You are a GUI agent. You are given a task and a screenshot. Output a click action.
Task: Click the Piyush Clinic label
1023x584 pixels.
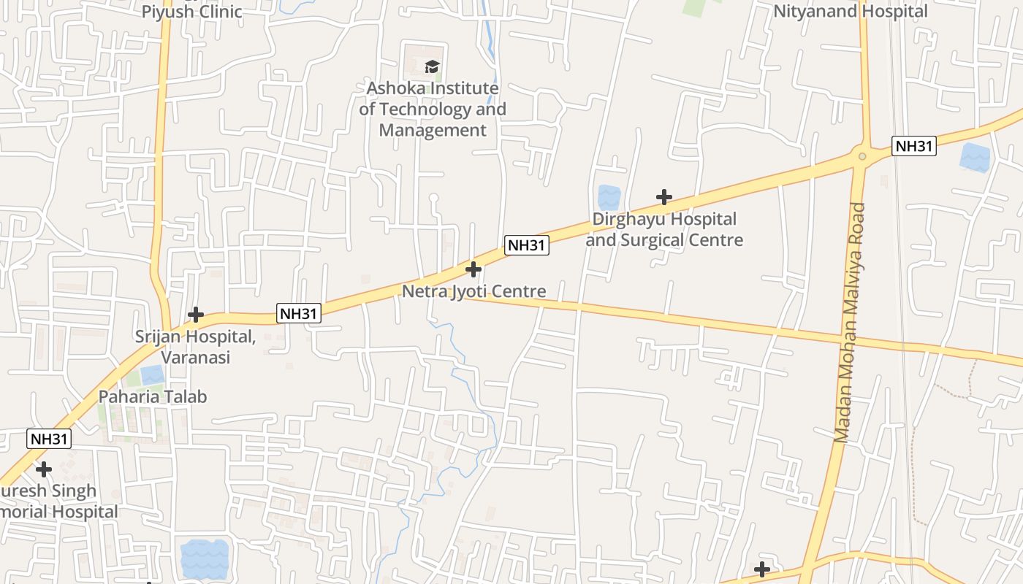tap(191, 11)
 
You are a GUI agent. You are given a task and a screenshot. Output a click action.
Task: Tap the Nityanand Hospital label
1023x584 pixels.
tap(851, 11)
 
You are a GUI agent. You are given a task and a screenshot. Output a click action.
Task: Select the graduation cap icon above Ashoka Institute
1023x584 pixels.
tap(433, 67)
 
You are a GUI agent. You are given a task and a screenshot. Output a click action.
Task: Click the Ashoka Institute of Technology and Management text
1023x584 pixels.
tap(433, 109)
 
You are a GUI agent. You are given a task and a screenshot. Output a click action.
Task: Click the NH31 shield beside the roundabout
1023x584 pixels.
tap(913, 146)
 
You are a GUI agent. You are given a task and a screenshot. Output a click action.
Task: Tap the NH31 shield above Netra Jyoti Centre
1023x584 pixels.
tap(526, 245)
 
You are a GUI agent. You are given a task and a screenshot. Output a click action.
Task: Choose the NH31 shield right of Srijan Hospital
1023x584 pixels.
tap(299, 314)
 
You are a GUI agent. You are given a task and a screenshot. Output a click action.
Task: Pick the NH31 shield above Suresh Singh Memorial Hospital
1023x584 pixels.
tap(50, 439)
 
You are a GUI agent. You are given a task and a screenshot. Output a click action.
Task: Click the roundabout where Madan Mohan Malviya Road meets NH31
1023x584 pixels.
tap(863, 155)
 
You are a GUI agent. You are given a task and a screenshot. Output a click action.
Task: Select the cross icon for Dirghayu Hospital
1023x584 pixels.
tap(663, 197)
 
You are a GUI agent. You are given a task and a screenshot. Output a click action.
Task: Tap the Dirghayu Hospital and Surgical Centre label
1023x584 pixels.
tap(664, 229)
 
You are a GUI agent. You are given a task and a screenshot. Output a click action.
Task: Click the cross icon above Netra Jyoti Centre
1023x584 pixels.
tap(474, 269)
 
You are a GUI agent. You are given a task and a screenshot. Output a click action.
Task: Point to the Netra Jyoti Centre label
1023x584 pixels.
tap(474, 291)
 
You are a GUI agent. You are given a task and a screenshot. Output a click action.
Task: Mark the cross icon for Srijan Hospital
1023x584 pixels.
tap(196, 315)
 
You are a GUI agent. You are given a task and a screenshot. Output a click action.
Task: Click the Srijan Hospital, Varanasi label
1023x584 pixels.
tap(195, 347)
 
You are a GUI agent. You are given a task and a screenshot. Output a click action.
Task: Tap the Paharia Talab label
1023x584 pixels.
tap(153, 396)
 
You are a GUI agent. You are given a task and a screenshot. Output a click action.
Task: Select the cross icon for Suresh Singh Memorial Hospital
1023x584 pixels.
tap(44, 469)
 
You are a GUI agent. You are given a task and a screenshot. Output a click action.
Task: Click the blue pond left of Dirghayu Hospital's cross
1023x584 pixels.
tap(609, 197)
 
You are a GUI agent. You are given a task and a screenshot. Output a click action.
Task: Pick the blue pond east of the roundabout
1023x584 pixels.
tap(974, 156)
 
